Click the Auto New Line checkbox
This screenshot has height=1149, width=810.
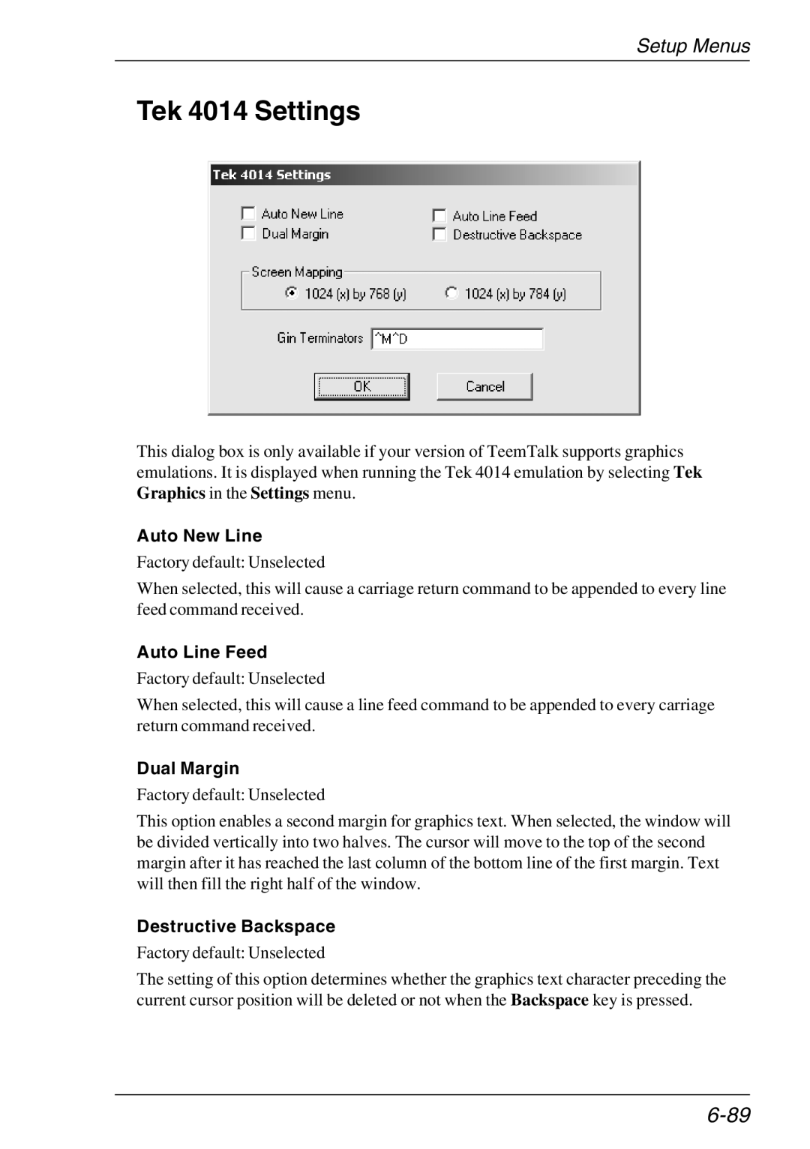(248, 214)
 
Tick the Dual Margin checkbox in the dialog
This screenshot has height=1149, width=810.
(248, 233)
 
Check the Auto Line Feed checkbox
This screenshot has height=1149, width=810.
(439, 216)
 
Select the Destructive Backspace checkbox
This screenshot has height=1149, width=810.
(439, 235)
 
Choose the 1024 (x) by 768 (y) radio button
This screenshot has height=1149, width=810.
(292, 293)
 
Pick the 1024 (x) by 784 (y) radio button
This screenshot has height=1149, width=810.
(451, 293)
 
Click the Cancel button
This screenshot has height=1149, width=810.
(484, 386)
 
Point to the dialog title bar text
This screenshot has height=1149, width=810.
(271, 175)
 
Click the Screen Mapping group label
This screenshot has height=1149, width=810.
(297, 272)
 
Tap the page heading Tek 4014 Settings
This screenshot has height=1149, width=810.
(248, 111)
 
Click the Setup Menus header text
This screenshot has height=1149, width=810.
(693, 46)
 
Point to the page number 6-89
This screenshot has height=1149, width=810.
(727, 1115)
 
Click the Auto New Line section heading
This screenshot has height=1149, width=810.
(199, 535)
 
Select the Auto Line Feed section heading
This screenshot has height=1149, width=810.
(202, 652)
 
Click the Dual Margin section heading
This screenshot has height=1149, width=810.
(188, 768)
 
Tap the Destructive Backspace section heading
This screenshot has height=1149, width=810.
(236, 926)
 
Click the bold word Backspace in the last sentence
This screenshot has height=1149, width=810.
(550, 1000)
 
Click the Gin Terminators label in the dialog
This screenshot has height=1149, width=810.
(320, 338)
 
